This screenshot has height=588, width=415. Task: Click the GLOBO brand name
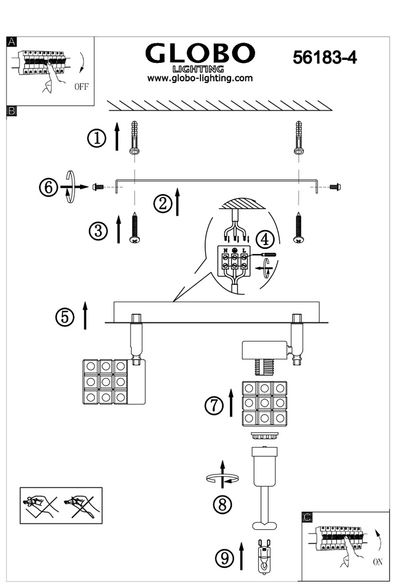pos(200,54)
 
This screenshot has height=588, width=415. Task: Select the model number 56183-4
pos(324,58)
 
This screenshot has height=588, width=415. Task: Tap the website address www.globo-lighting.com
pos(200,78)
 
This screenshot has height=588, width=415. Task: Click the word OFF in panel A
pos(81,86)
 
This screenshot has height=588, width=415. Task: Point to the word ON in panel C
pos(377,562)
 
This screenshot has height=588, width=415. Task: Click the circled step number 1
pos(97,139)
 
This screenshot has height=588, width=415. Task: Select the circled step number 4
pos(265,239)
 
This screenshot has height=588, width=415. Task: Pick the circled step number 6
pos(49,187)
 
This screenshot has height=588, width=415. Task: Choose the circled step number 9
pos(225,558)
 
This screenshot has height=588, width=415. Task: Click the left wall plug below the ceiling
pos(134,138)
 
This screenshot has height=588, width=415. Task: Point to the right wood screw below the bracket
pos(299,228)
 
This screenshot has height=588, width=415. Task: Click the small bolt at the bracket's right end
pos(335,186)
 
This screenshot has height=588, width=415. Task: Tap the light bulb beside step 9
pos(265,557)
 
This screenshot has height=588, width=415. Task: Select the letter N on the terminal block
pos(225,250)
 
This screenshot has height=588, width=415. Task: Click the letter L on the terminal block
pos(244,250)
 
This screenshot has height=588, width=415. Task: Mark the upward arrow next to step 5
pos(85,315)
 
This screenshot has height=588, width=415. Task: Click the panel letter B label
pos(12,111)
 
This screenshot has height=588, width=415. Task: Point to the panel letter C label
pos(307,517)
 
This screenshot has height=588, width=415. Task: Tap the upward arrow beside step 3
pos(119,229)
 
